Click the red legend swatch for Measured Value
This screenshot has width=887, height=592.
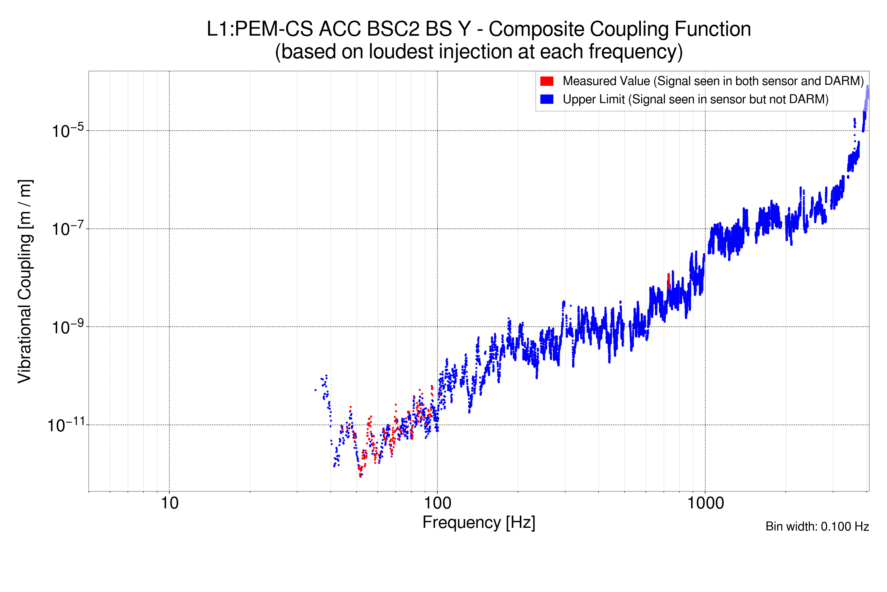pos(546,81)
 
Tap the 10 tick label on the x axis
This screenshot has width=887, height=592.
pos(169,503)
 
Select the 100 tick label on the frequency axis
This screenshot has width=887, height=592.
pos(438,503)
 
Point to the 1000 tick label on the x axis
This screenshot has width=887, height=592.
pos(705,503)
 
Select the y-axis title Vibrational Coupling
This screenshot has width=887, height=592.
pos(25,281)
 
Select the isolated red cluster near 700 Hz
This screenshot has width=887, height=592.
pos(669,281)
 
